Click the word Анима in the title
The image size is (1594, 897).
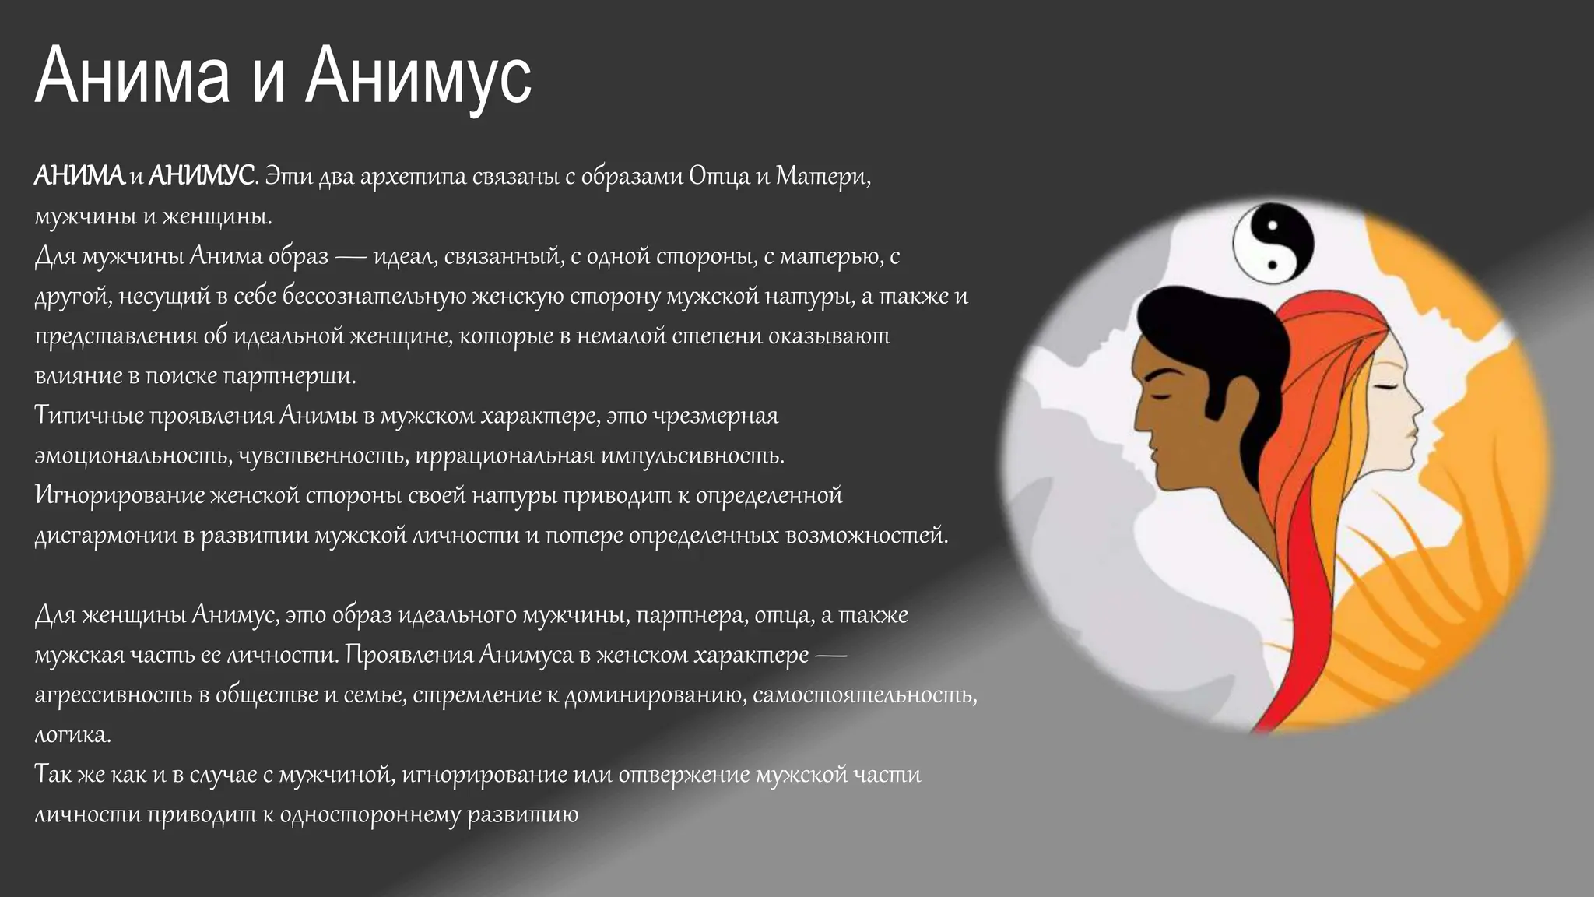tap(132, 76)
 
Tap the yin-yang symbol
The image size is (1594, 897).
tap(1273, 244)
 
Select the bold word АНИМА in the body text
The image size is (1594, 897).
tap(79, 177)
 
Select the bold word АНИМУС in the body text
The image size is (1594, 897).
tap(201, 177)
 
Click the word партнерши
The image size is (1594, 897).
tap(290, 376)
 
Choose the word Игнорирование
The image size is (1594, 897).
tap(118, 496)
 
